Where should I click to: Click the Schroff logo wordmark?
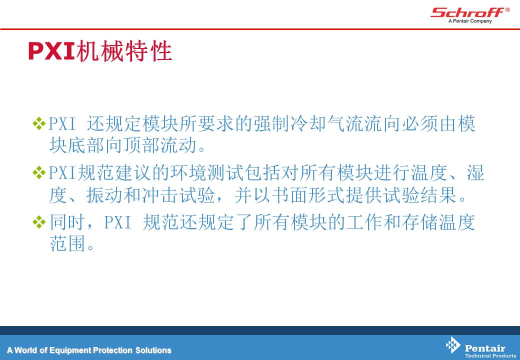point(467,12)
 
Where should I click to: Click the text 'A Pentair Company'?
point(470,21)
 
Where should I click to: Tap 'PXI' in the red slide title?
point(51,51)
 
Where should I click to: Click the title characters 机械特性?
point(124,51)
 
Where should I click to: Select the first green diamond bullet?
point(39,123)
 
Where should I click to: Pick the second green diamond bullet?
point(39,172)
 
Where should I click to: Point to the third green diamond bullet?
point(39,222)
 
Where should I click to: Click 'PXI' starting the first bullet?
point(62,124)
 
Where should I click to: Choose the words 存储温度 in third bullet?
point(439,222)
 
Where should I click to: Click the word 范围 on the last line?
point(68,243)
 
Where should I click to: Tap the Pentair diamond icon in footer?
point(453,345)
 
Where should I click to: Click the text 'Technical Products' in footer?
point(490,355)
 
